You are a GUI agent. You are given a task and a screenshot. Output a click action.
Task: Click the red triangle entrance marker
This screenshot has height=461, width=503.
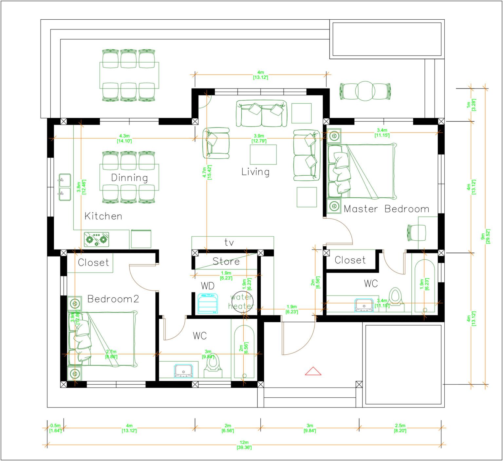tap(313, 371)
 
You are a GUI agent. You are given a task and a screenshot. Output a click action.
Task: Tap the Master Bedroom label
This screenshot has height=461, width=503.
tap(386, 209)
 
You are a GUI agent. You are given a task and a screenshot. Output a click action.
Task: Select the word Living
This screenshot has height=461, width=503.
tap(255, 172)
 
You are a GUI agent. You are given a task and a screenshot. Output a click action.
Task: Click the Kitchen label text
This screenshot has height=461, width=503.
tap(103, 216)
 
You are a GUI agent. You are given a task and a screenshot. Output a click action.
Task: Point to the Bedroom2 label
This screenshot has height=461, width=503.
tap(113, 299)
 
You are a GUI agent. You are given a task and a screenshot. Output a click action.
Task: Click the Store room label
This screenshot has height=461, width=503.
tap(226, 261)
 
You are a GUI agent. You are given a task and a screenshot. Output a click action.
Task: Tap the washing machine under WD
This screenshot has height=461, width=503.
tap(208, 304)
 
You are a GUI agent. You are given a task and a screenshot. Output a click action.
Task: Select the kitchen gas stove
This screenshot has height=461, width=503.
tap(96, 239)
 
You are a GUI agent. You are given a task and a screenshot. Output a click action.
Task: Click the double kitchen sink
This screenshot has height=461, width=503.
tap(65, 187)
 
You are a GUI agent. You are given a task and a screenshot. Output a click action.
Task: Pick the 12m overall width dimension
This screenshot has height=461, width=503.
tap(244, 445)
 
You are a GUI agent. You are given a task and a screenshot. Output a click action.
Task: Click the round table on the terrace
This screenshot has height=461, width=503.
tap(365, 91)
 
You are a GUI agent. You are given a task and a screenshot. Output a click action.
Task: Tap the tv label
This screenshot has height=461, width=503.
tap(229, 243)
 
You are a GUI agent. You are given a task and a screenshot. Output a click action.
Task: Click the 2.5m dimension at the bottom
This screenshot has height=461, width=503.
tap(400, 428)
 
